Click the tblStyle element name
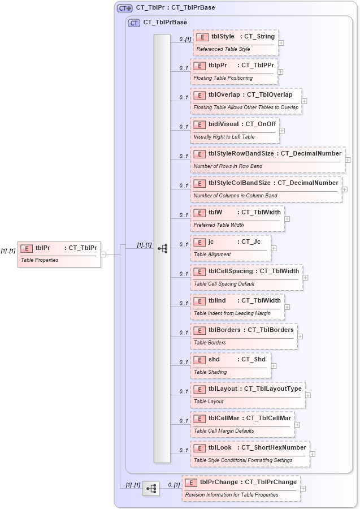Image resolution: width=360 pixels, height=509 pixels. click(222, 37)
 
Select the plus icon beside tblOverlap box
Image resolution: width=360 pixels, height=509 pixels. click(305, 101)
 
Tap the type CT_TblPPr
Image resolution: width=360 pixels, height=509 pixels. click(258, 66)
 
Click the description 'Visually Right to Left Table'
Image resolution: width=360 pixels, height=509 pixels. click(224, 137)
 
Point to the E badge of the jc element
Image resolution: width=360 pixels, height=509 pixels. click(199, 242)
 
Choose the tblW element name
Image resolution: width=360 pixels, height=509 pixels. click(215, 213)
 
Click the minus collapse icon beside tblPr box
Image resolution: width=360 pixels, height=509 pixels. click(103, 254)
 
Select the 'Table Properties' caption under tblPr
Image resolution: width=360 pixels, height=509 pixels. click(40, 260)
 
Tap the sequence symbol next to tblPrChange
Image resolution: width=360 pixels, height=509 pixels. click(151, 488)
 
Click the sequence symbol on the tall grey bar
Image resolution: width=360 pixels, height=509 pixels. click(162, 248)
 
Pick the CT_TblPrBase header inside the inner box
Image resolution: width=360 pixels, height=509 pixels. click(165, 23)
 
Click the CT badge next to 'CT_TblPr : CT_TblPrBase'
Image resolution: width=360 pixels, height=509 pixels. click(124, 8)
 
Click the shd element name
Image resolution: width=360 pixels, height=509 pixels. click(214, 359)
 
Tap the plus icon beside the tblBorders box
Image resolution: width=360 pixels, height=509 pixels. click(300, 337)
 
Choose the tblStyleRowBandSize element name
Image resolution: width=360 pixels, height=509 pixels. click(241, 154)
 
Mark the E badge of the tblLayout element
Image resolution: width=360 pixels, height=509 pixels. click(199, 389)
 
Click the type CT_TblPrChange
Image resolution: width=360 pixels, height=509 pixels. click(270, 482)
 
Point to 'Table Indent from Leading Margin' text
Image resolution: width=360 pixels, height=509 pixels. click(232, 313)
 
